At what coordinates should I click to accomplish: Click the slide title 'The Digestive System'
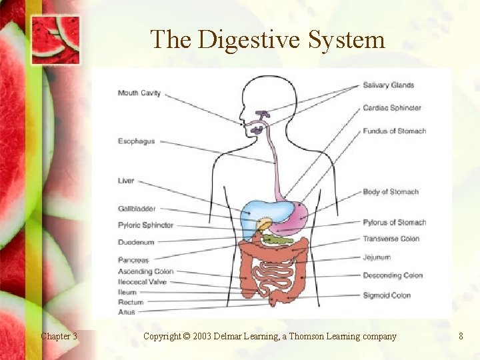(267, 40)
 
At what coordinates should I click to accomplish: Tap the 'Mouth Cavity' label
(139, 93)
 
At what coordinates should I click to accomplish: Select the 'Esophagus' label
(136, 141)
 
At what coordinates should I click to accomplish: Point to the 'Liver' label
(126, 181)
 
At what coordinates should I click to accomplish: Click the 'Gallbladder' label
(137, 209)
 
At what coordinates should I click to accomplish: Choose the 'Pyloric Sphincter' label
(145, 225)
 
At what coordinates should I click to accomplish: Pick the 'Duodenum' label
(136, 242)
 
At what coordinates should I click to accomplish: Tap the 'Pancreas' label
(133, 260)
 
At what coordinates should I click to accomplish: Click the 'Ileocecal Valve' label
(142, 282)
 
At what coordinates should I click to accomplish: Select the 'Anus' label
(127, 312)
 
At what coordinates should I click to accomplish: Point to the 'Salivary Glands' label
(388, 85)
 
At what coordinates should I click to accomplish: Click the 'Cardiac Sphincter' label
(392, 108)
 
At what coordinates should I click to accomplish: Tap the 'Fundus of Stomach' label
(394, 131)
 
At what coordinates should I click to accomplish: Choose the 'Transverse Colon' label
(391, 239)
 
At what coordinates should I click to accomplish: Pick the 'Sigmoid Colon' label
(387, 295)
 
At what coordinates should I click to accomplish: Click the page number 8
(461, 337)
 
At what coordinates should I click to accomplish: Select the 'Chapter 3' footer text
(59, 337)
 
